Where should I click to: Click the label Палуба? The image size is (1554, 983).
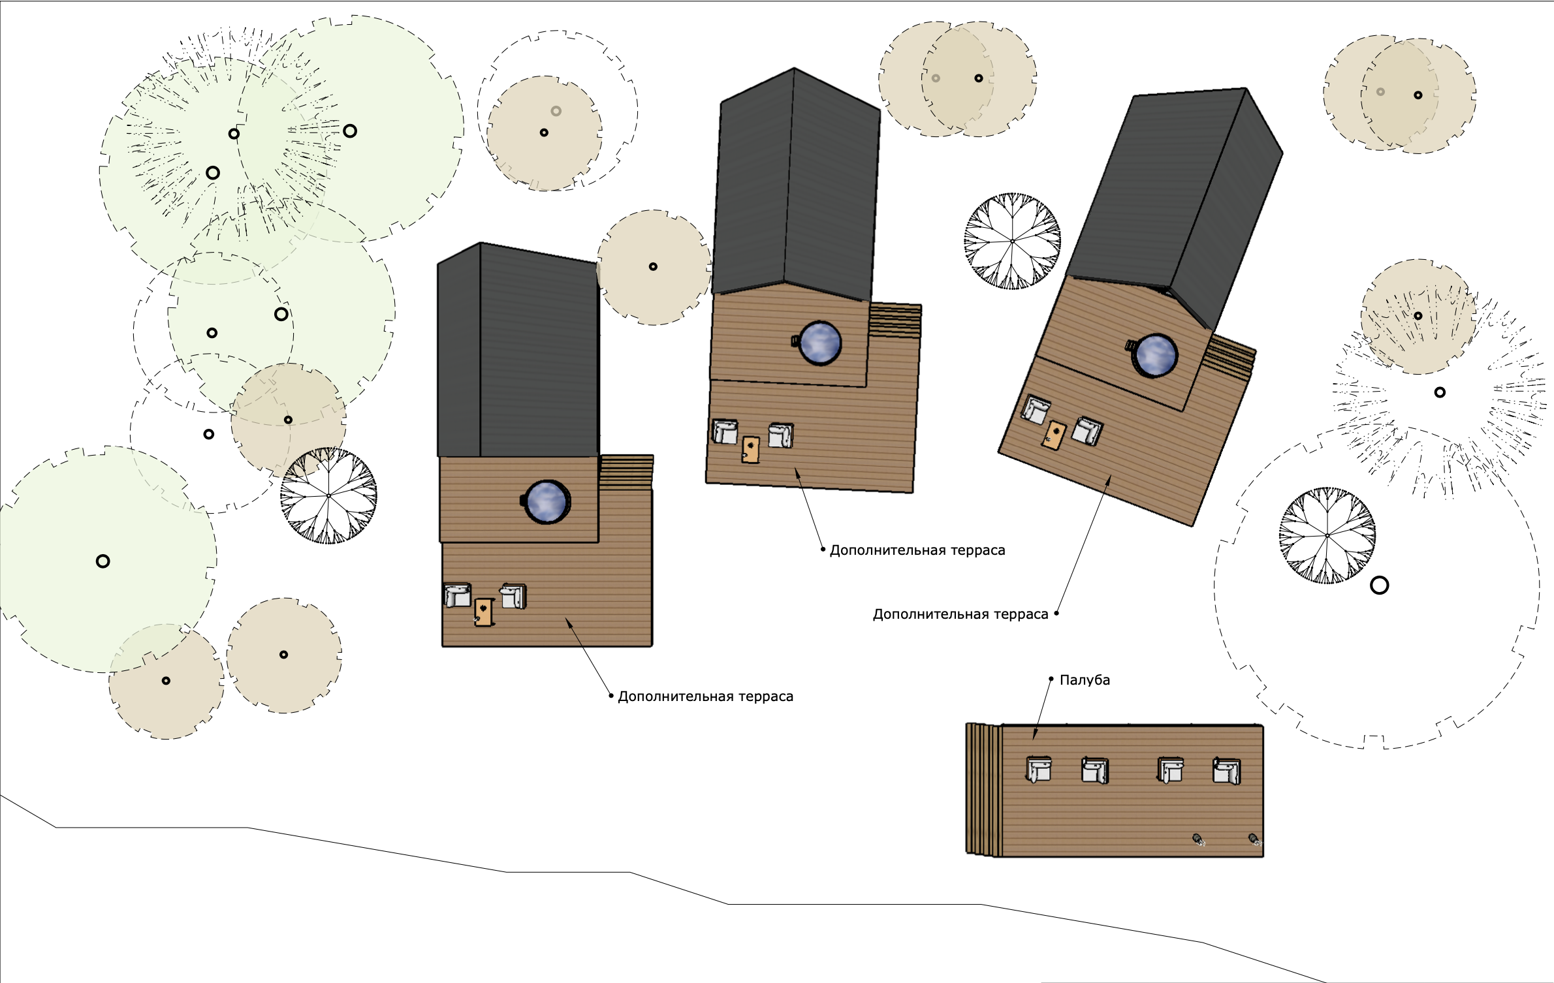tap(1085, 680)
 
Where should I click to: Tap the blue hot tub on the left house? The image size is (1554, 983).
tap(547, 502)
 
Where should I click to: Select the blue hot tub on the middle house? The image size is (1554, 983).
tap(820, 343)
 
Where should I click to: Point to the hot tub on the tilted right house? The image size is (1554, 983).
tap(1156, 355)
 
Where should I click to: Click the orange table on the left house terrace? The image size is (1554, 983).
tap(483, 612)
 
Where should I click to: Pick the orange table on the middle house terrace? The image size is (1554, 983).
tap(751, 449)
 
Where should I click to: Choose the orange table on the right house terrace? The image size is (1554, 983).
tap(1054, 435)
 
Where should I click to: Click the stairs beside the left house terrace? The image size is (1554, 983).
tap(626, 471)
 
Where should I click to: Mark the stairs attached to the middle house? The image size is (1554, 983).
tap(895, 320)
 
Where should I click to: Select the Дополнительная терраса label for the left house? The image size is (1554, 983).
tap(705, 696)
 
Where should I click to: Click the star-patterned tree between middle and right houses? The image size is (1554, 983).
tap(1013, 241)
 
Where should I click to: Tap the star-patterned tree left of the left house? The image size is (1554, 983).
tap(328, 495)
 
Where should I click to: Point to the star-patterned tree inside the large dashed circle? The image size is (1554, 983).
tap(1327, 535)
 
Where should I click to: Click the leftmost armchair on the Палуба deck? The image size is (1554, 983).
tap(1039, 770)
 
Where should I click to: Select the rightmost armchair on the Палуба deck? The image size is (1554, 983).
tap(1226, 771)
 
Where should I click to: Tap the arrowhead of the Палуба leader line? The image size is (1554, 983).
tap(1034, 736)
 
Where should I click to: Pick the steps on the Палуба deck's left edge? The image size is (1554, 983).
tap(983, 790)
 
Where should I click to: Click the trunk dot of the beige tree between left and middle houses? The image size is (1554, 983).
tap(653, 266)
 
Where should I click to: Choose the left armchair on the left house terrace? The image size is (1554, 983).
tap(457, 595)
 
